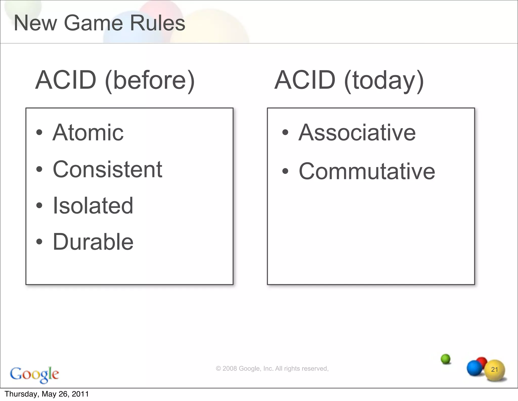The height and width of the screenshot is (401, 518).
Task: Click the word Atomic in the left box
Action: (x=88, y=133)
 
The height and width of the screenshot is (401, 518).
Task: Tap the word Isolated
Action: (x=93, y=206)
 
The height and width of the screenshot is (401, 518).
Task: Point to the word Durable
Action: (x=93, y=242)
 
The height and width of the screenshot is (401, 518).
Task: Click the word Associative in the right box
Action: (x=357, y=133)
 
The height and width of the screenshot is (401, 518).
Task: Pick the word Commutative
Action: (x=367, y=172)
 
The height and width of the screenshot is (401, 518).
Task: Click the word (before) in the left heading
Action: (x=150, y=80)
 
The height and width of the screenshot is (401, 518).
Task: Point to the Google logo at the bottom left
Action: (x=34, y=374)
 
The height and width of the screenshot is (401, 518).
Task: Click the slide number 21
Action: (x=494, y=370)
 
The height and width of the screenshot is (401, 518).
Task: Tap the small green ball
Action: (x=446, y=359)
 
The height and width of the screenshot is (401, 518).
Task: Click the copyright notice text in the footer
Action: (x=272, y=369)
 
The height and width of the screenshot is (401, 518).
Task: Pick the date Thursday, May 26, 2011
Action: (x=47, y=394)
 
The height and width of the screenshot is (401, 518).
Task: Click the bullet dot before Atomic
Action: (x=39, y=132)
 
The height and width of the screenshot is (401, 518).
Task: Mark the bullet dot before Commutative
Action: (x=285, y=171)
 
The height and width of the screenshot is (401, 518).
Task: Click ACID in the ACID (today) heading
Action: (x=305, y=80)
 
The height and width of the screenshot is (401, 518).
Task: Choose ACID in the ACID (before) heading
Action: (x=66, y=80)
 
